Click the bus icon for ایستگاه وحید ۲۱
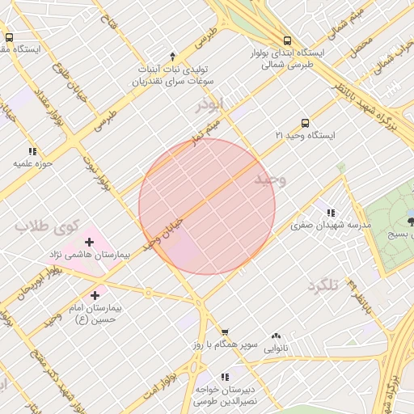[x=305, y=123]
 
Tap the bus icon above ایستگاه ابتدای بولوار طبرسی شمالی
[x=287, y=40]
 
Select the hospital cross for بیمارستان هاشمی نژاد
[x=89, y=241]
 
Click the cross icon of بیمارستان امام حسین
[x=96, y=295]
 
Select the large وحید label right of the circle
[x=271, y=180]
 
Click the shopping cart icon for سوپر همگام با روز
[x=225, y=332]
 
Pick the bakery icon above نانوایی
[x=276, y=336]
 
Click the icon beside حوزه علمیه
[x=32, y=151]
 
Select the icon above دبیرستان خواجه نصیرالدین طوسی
[x=225, y=377]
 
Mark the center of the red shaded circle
[x=207, y=206]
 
